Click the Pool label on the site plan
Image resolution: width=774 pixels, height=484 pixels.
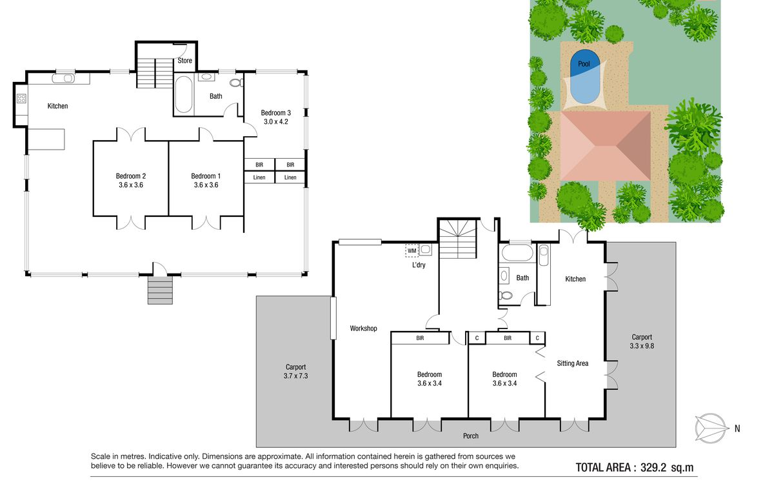pyautogui.click(x=584, y=64)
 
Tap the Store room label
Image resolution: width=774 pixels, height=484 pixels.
pyautogui.click(x=185, y=61)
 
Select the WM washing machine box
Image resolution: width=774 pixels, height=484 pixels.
pyautogui.click(x=412, y=250)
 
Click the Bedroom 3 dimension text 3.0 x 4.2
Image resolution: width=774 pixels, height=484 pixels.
pyautogui.click(x=276, y=122)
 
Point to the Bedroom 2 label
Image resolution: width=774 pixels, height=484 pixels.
pyautogui.click(x=130, y=176)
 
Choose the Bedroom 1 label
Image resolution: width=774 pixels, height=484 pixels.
pyautogui.click(x=206, y=176)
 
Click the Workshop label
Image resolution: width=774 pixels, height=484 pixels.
pyautogui.click(x=364, y=328)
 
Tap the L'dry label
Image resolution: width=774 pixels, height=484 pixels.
pyautogui.click(x=419, y=265)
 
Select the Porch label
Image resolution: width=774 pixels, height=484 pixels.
pyautogui.click(x=471, y=436)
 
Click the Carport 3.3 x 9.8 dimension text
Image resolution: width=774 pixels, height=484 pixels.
pyautogui.click(x=642, y=346)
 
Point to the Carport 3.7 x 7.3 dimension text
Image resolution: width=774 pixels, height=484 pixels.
pyautogui.click(x=296, y=376)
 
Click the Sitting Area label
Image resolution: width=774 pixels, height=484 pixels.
pyautogui.click(x=573, y=363)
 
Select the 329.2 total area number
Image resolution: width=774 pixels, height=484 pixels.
pyautogui.click(x=653, y=468)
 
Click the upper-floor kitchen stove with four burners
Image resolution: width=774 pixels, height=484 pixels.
pyautogui.click(x=21, y=99)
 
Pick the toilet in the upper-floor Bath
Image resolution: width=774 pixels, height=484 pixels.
pyautogui.click(x=236, y=83)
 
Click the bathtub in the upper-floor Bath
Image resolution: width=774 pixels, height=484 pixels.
pyautogui.click(x=183, y=94)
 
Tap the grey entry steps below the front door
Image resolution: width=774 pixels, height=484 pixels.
pyautogui.click(x=160, y=290)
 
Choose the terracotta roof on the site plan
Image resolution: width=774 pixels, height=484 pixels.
pyautogui.click(x=606, y=146)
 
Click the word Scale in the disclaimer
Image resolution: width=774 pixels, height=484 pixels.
pyautogui.click(x=99, y=456)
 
